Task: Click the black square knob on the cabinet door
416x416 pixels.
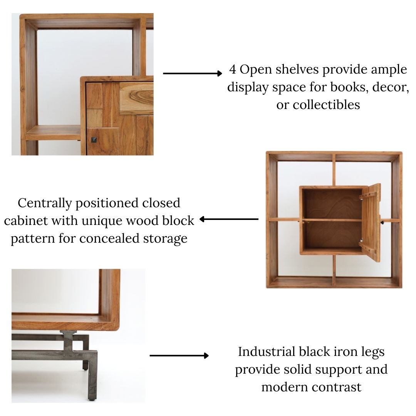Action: pyautogui.click(x=94, y=139)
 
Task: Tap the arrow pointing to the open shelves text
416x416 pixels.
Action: pyautogui.click(x=193, y=73)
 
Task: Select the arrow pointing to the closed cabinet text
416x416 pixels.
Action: pyautogui.click(x=229, y=219)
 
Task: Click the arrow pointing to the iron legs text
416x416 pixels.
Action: pyautogui.click(x=179, y=356)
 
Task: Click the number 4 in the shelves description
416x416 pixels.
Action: pyautogui.click(x=233, y=70)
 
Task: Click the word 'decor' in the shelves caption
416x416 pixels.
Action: pyautogui.click(x=393, y=87)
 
